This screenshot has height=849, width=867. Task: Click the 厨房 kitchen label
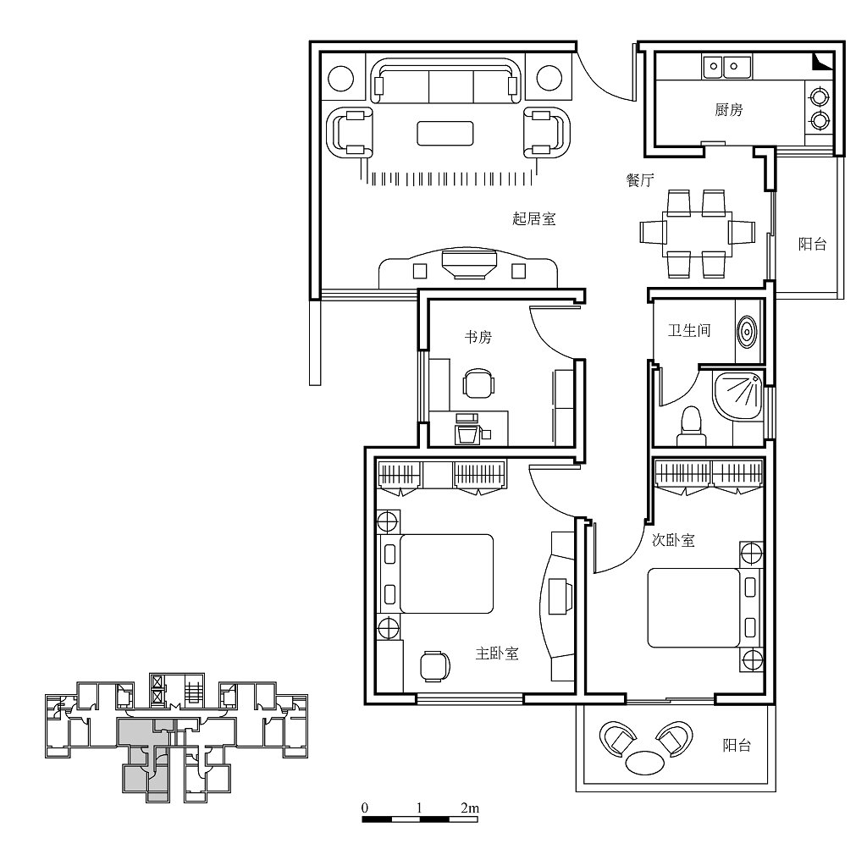point(728,109)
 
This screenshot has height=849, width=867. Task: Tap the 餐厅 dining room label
point(640,179)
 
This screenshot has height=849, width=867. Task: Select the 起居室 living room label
point(533,218)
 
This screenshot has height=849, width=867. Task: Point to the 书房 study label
point(478,337)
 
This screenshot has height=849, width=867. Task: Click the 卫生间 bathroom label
point(689,330)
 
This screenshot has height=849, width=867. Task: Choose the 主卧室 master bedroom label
point(497,653)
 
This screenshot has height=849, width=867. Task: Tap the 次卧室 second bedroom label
point(673,540)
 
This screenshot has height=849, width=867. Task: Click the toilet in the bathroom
point(691,427)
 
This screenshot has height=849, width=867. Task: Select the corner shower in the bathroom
point(739,396)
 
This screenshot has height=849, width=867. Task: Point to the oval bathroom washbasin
point(747,332)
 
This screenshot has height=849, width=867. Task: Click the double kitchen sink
point(726,67)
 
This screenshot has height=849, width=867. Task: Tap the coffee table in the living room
point(445,133)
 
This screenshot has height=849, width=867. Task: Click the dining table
point(697,234)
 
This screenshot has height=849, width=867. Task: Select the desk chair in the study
point(478,383)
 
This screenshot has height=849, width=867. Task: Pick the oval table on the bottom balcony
point(645,764)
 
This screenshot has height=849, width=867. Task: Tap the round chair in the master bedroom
point(434,666)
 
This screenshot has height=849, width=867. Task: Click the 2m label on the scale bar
point(470,808)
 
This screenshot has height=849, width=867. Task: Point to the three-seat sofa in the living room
point(445,80)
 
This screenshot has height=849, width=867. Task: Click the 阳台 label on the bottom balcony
point(737,745)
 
